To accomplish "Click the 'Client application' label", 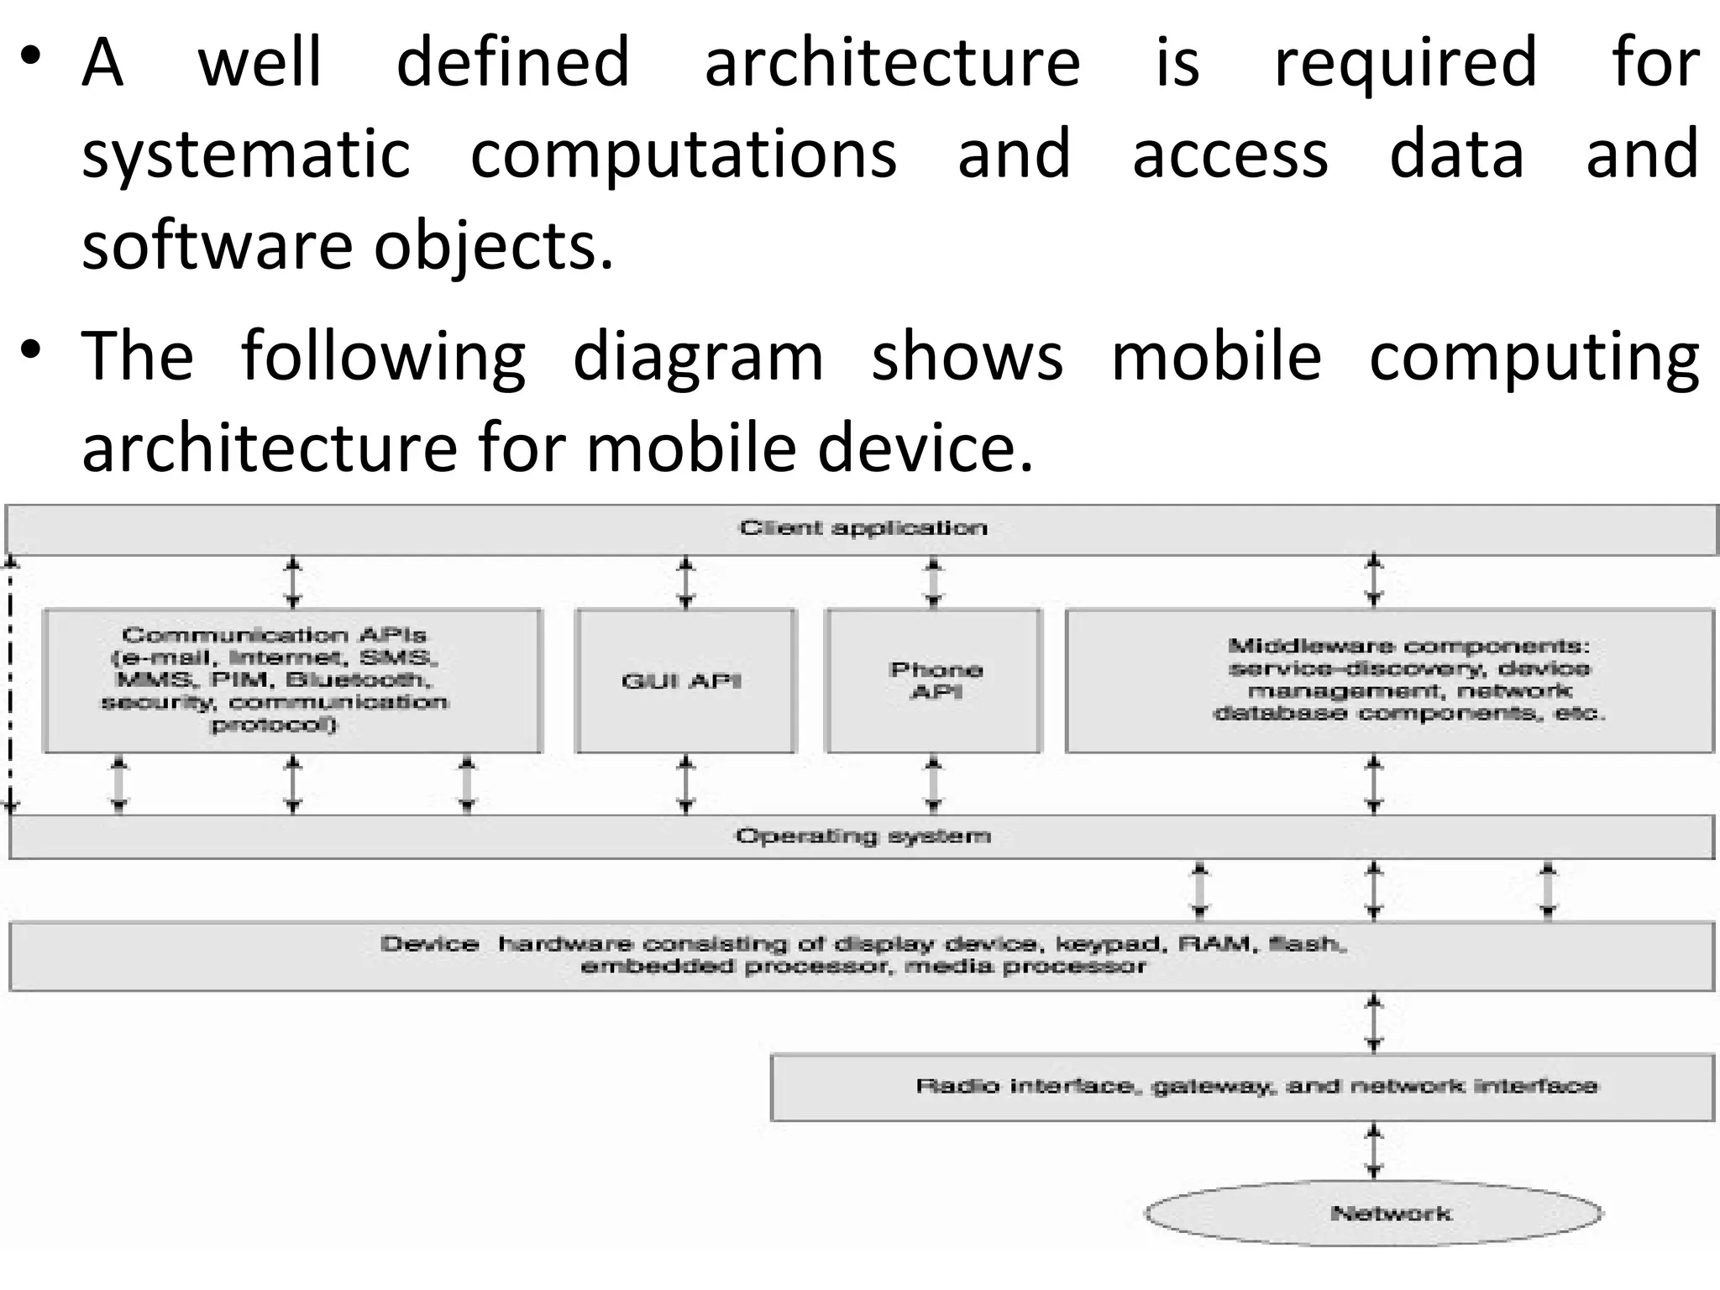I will click(x=863, y=528).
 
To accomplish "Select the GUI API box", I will click(x=684, y=680).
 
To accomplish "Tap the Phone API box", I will click(x=934, y=680).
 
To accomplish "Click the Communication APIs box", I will click(x=291, y=680).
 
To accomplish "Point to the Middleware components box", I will click(x=1390, y=680).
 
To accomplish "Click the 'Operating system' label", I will click(x=863, y=836).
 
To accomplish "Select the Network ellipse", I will click(x=1373, y=1213).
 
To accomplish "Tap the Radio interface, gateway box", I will click(x=1242, y=1087).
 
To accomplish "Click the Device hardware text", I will click(x=863, y=955).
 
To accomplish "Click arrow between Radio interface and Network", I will click(x=1374, y=1151).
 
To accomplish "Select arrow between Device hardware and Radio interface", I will click(x=1374, y=1023).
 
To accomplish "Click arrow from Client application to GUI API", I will click(x=686, y=582).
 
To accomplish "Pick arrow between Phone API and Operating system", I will click(x=933, y=784).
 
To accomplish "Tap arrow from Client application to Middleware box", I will click(x=1374, y=580).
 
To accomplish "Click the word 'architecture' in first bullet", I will click(x=892, y=63).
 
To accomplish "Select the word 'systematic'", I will click(x=245, y=155).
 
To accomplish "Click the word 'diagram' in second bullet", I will click(x=698, y=357).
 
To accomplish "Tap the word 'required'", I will click(x=1405, y=63).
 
